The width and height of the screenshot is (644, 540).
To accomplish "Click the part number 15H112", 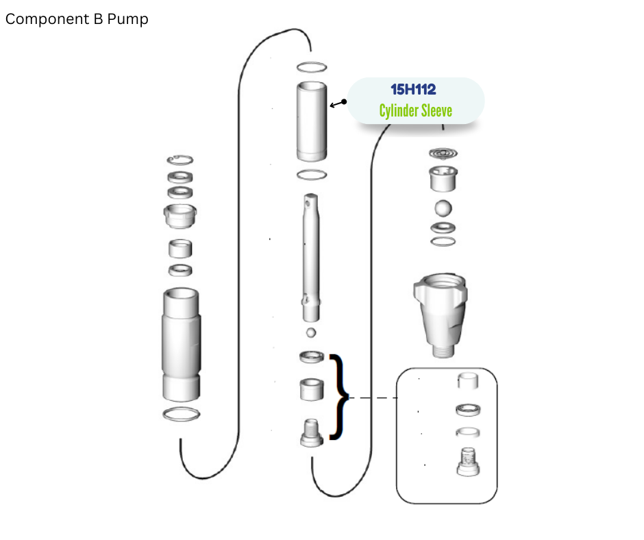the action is [413, 89].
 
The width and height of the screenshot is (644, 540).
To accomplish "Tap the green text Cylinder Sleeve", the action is [416, 110].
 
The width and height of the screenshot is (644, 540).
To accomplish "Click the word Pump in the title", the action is [127, 19].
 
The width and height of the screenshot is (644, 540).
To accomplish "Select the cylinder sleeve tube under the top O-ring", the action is [312, 121].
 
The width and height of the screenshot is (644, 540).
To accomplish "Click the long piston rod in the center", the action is [311, 258].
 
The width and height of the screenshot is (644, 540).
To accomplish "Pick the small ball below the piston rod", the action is [311, 332].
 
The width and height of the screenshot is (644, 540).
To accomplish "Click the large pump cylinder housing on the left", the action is [181, 345].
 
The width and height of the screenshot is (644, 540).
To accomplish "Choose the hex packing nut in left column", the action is [180, 215].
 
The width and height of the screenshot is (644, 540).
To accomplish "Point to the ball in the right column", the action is [443, 208].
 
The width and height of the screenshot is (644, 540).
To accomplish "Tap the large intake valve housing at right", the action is [441, 315].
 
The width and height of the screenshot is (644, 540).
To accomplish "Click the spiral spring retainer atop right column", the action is [443, 154].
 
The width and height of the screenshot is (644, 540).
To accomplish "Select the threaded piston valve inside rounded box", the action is [468, 462].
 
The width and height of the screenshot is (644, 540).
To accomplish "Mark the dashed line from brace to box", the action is [373, 397].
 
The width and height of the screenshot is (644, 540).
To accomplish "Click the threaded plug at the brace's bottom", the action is [312, 432].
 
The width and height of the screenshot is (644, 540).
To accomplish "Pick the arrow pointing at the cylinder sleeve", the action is [338, 103].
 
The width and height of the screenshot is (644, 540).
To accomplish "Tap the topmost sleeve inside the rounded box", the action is [468, 380].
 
